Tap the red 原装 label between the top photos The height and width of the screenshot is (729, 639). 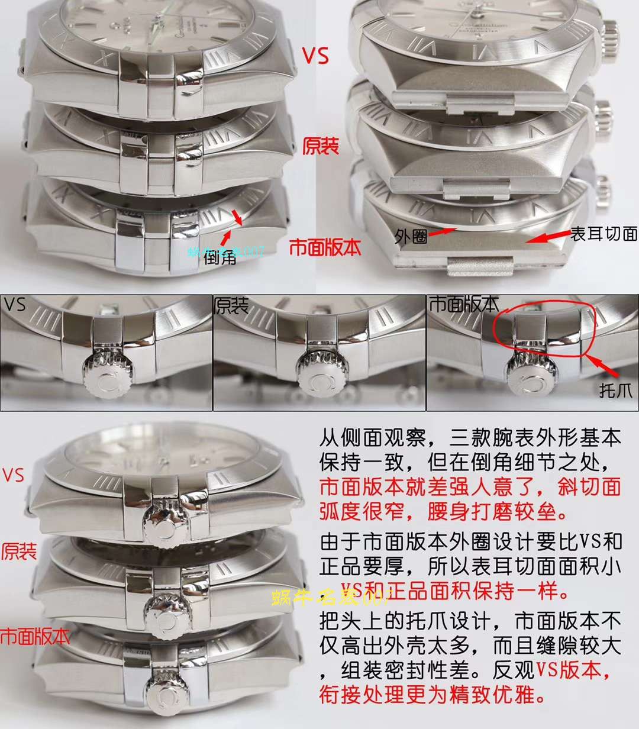321,146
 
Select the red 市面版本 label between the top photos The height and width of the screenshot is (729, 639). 325,247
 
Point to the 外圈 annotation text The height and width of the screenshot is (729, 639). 411,237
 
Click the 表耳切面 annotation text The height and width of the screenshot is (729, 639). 603,234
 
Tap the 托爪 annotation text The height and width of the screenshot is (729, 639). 615,390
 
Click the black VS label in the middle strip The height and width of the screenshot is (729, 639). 15,305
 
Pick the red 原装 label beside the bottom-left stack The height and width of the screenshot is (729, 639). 19,552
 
